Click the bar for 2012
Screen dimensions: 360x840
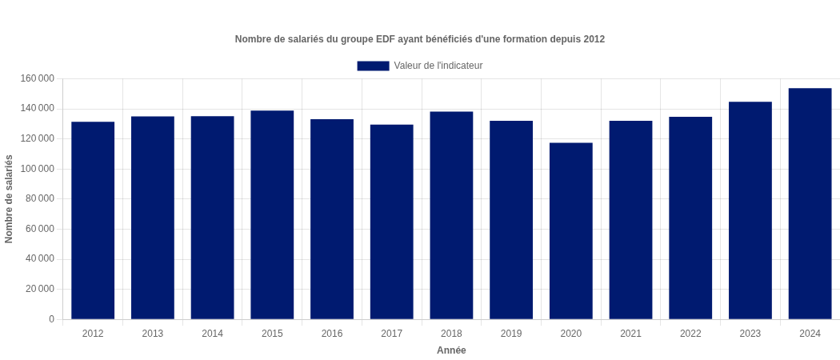93,220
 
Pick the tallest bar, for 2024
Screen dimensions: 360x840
810,203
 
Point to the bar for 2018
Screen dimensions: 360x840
451,215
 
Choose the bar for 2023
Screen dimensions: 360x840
750,210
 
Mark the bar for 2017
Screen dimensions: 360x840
392,222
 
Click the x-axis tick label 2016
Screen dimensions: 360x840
332,334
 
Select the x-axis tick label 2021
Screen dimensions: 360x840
630,334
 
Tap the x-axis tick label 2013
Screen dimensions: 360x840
153,334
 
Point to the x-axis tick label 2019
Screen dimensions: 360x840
511,334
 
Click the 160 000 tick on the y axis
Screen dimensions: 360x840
38,78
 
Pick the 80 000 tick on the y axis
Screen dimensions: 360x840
40,198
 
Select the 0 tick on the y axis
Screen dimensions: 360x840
51,319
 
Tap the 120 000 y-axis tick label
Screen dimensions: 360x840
38,138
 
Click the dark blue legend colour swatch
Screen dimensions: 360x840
373,66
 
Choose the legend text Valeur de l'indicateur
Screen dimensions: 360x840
438,66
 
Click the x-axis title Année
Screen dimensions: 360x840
451,350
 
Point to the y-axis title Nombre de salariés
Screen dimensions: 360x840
9,199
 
